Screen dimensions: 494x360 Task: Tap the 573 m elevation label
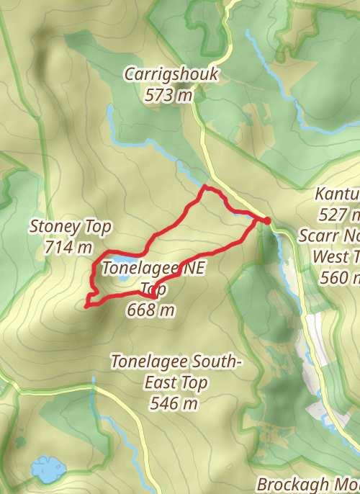[x=171, y=94]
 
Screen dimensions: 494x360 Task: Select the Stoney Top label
[x=70, y=227]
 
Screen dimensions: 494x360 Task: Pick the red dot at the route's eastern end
[x=266, y=220]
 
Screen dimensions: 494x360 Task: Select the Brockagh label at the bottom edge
[x=291, y=483]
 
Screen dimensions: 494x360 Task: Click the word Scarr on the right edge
[x=318, y=235]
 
